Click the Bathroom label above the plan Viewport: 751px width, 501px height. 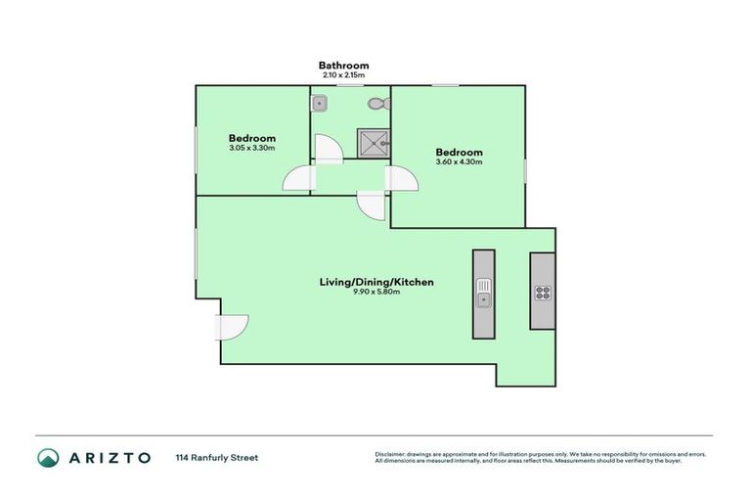(343, 66)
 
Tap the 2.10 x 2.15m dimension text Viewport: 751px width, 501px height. (343, 75)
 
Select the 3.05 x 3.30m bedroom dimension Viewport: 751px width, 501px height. (252, 149)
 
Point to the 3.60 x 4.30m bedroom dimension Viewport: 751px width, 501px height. (459, 162)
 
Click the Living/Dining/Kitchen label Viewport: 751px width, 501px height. (376, 282)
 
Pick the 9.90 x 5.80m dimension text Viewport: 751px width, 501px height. (376, 292)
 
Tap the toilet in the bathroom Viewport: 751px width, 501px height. (376, 102)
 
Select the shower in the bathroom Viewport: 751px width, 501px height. (375, 145)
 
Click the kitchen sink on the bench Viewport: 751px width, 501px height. (483, 290)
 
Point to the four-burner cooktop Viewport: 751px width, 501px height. (542, 292)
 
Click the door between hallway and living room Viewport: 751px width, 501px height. (372, 205)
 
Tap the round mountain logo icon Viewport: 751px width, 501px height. (48, 457)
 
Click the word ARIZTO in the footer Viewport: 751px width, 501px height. (110, 457)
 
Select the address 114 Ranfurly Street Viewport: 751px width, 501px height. (217, 457)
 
